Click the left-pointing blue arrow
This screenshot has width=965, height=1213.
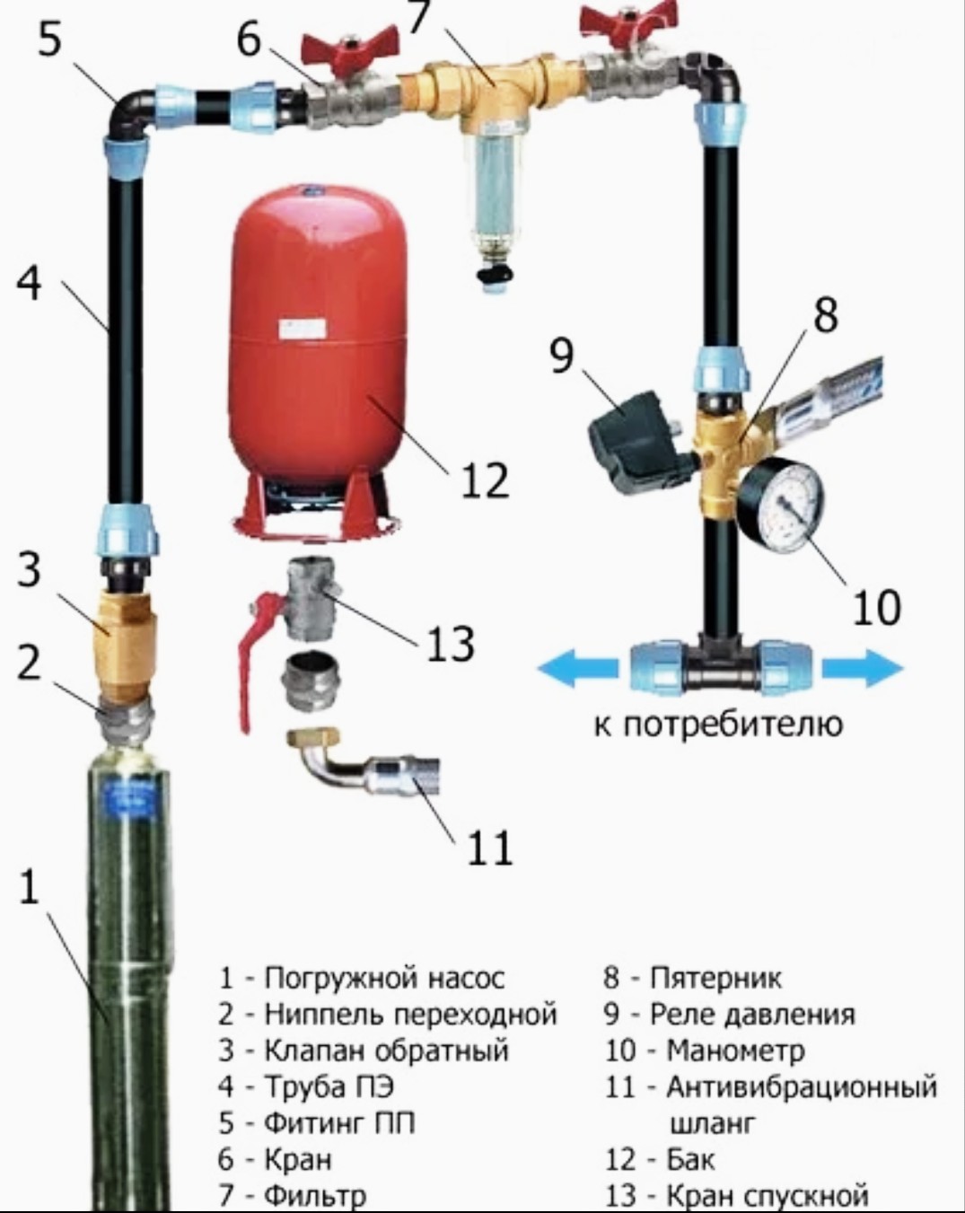574,668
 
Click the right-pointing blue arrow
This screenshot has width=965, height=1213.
863,668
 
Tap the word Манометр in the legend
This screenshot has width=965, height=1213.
735,1050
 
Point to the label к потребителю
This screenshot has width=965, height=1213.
719,725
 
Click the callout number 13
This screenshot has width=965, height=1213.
450,645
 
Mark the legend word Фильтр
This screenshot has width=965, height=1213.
316,1196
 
